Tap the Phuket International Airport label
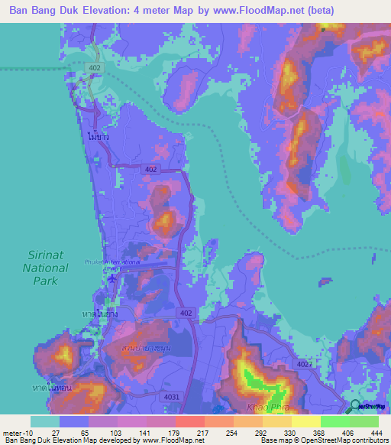click(113, 262)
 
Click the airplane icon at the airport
click(114, 278)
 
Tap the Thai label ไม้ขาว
click(99, 141)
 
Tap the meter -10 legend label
click(16, 431)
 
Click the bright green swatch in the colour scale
click(334, 421)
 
